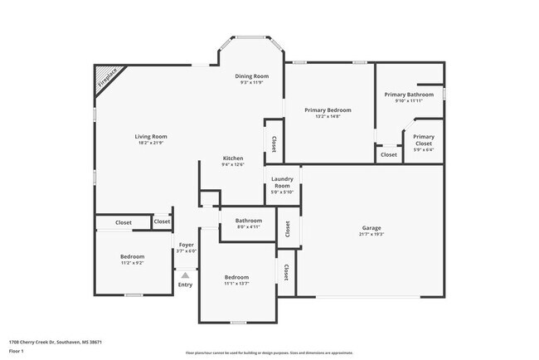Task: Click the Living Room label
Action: (152, 137)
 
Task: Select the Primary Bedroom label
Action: (328, 110)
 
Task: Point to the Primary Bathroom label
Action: (409, 95)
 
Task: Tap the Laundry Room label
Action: (282, 182)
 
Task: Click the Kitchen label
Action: (232, 158)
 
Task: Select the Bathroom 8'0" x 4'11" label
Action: (249, 221)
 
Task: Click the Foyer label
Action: (187, 245)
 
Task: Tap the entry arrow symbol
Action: (186, 275)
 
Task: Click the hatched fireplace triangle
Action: (104, 80)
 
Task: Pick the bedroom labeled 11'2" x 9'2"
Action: (133, 256)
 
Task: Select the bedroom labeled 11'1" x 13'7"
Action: (236, 277)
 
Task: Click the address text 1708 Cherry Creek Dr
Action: (55, 341)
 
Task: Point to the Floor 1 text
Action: (17, 351)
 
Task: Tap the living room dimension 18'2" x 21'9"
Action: (152, 144)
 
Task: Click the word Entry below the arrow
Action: (185, 285)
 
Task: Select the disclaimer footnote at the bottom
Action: (269, 353)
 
